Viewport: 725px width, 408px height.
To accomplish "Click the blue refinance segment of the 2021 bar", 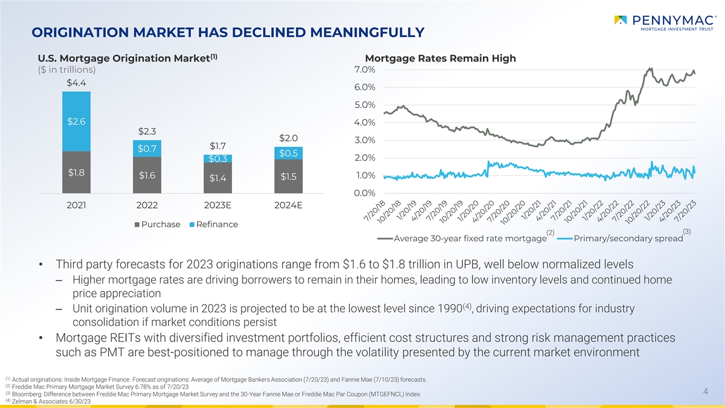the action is click(x=76, y=121).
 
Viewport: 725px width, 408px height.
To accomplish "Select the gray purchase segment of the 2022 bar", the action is click(x=147, y=175).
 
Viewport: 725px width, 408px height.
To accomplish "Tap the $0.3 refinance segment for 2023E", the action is click(x=217, y=158).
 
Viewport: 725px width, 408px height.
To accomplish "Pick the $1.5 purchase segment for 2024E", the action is click(x=288, y=176).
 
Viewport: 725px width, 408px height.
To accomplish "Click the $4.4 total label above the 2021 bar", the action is click(x=76, y=83).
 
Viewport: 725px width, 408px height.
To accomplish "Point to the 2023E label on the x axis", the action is click(x=217, y=206).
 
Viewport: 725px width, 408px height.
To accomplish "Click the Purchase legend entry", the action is click(x=158, y=224).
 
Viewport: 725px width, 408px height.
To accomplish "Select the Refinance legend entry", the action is click(x=214, y=224).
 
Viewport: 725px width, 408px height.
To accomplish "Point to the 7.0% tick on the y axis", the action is click(x=365, y=70).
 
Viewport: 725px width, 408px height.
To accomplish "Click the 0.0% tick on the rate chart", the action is click(x=365, y=193).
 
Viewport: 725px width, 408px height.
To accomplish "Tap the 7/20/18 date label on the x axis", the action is click(x=375, y=210).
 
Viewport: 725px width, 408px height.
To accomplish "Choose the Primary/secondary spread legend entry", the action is click(x=623, y=238).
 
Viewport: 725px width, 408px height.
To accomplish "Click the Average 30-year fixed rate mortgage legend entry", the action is click(x=466, y=238).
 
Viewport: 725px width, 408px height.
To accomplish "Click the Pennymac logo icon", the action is click(x=620, y=21).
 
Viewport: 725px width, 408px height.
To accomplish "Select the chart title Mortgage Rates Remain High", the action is click(x=440, y=58).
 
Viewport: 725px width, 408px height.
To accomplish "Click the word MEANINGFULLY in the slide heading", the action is click(x=367, y=33).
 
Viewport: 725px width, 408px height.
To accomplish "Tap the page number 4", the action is click(x=706, y=392).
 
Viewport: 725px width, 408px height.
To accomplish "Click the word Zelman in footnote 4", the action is click(x=21, y=401).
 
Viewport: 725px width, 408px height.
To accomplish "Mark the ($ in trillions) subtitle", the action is click(x=66, y=70).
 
